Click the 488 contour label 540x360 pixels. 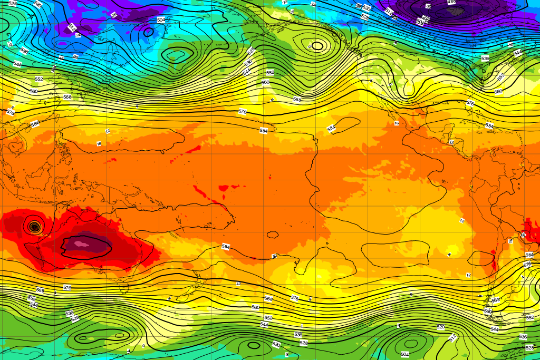[451, 2]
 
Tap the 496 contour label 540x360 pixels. [427, 18]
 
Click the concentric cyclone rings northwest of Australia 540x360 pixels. [35, 227]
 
